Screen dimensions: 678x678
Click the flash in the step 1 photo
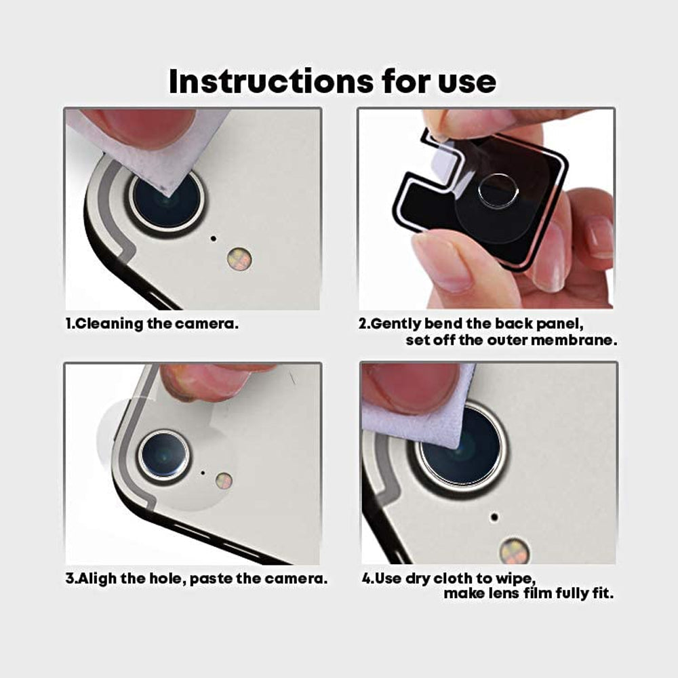[239, 259]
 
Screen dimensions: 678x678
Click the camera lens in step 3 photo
[163, 454]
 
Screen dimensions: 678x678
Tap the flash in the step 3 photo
[224, 481]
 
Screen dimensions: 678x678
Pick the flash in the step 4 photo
[515, 551]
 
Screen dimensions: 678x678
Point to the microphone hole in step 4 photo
[494, 517]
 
